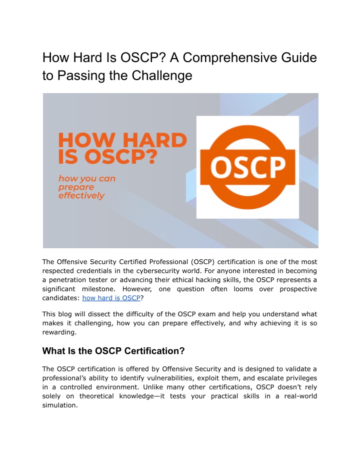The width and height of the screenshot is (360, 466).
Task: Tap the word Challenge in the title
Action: tap(162, 76)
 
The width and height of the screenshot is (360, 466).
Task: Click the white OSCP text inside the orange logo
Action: tap(248, 167)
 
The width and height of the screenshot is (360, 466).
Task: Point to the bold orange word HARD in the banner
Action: tap(154, 140)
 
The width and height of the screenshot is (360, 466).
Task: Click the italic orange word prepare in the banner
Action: tap(76, 187)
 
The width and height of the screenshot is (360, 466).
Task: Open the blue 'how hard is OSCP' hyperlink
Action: tap(111, 298)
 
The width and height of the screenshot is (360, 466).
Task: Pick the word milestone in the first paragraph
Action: tap(98, 289)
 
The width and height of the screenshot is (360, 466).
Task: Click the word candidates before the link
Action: tap(61, 298)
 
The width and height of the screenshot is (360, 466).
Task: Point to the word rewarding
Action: tap(59, 332)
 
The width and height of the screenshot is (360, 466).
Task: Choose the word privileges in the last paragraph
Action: tap(300, 378)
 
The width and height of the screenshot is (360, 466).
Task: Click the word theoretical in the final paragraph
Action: tap(96, 396)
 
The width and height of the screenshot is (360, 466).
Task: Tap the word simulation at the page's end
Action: tap(60, 405)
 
